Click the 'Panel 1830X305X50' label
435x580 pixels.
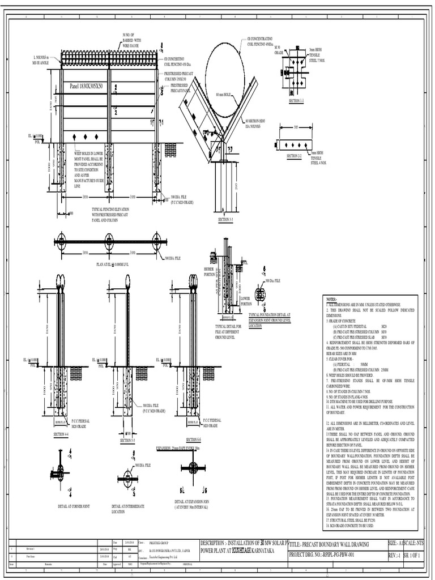point(87,87)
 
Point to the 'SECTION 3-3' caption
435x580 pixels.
point(225,219)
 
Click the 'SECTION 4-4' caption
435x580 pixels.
point(61,434)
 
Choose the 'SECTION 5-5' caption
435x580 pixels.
point(127,440)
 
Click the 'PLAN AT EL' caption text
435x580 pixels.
point(111,264)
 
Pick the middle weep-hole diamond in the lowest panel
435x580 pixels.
point(86,137)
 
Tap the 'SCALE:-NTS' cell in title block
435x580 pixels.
point(412,543)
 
